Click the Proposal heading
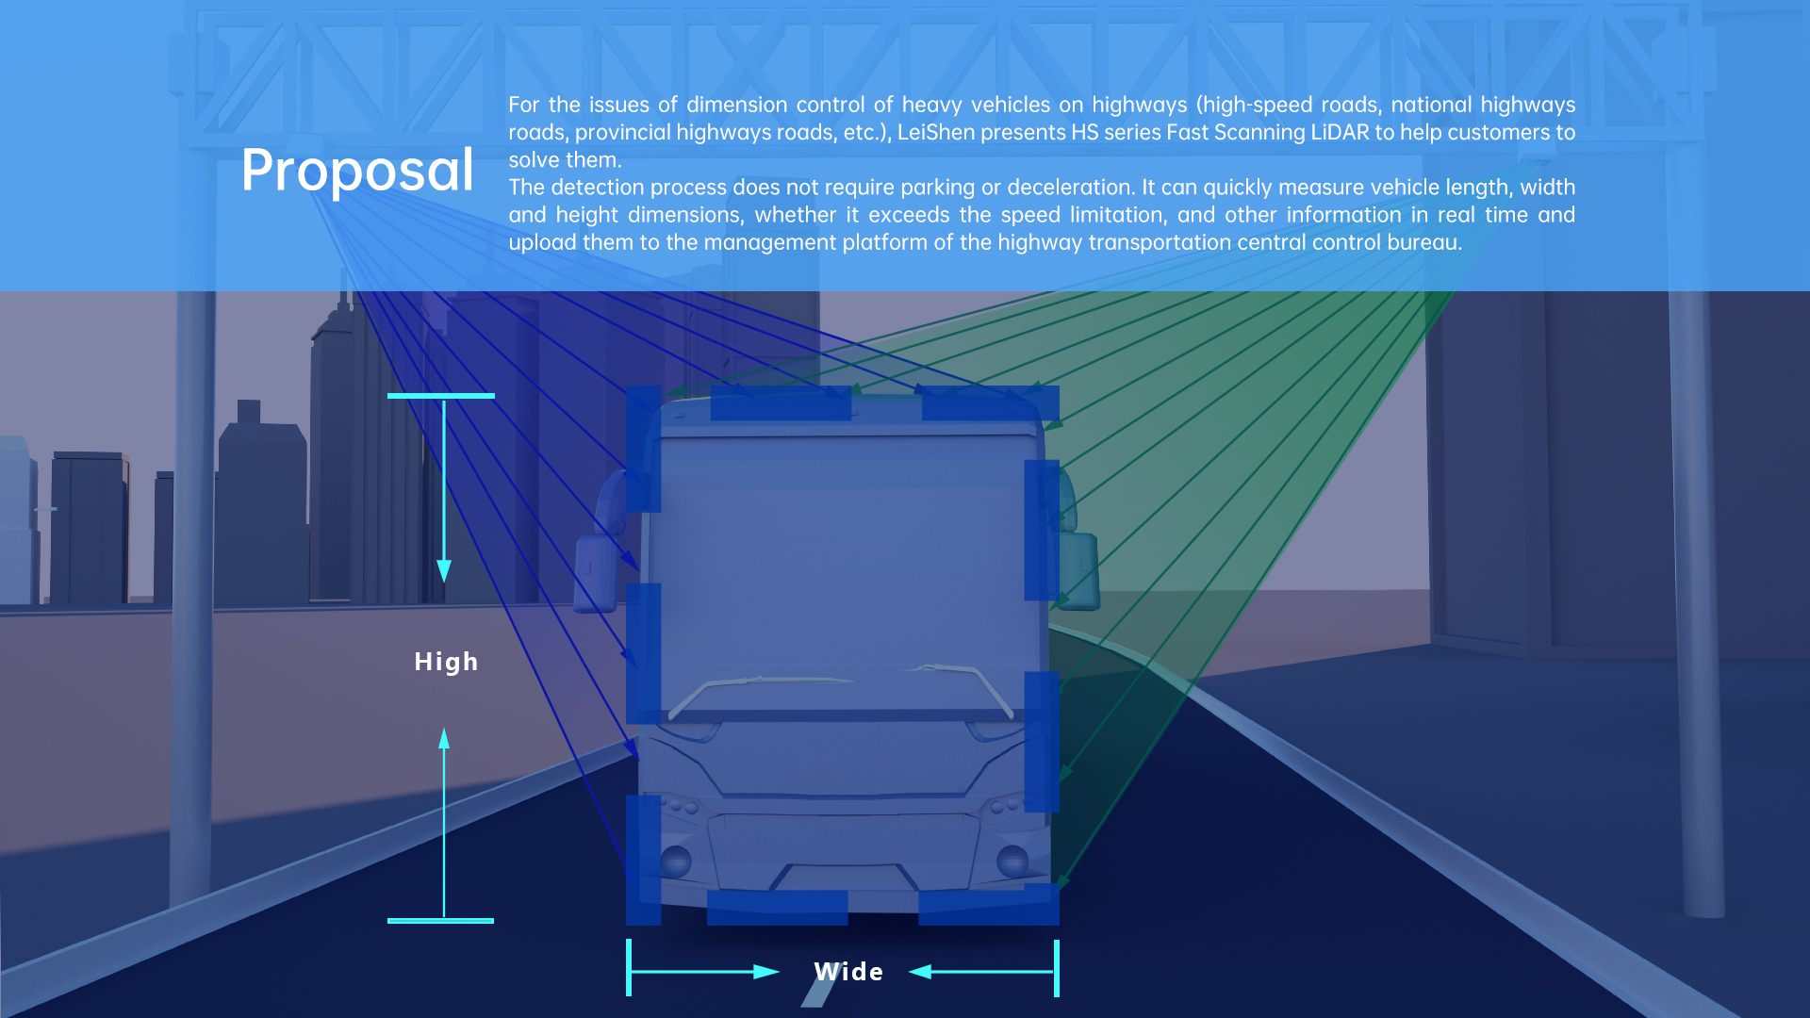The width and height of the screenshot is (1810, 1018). tap(357, 171)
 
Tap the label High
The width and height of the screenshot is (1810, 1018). tap(446, 662)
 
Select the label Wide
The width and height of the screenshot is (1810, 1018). tap(848, 972)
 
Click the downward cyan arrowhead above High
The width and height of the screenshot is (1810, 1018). tap(444, 571)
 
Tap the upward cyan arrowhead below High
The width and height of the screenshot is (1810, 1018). tap(444, 738)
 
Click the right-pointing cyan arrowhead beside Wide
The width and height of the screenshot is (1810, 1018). tap(766, 972)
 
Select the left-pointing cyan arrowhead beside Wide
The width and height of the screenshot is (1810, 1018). tap(920, 972)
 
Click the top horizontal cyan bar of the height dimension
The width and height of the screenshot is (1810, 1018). tap(441, 396)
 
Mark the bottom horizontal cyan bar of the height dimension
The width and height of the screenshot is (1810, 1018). tap(440, 921)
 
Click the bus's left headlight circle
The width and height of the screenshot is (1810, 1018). tap(675, 861)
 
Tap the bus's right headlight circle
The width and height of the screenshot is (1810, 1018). tap(1012, 861)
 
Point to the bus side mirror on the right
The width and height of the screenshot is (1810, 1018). tap(1078, 571)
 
